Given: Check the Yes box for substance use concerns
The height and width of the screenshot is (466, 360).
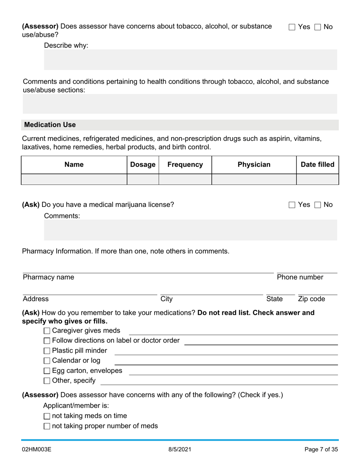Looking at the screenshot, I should tap(292, 27).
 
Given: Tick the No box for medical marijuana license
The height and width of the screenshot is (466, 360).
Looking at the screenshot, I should tap(318, 205).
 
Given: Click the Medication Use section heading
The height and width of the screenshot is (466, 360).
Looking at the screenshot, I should tap(50, 125).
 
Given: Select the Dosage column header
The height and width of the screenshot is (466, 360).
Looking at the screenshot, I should tap(143, 164).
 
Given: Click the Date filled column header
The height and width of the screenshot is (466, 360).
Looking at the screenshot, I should tap(318, 164).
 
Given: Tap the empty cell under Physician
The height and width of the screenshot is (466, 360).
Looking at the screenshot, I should tap(254, 179).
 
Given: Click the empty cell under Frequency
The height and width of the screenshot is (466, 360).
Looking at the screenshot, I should tap(185, 179).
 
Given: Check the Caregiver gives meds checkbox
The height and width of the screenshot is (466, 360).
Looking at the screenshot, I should tap(47, 331).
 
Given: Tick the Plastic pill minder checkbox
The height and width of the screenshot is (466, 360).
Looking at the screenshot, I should tap(47, 351).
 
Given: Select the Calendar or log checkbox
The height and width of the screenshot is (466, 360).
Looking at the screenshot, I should tap(47, 361).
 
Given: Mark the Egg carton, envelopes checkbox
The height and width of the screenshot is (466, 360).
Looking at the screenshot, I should tap(47, 371).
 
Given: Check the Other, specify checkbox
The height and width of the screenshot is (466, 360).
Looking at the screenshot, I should tap(47, 381).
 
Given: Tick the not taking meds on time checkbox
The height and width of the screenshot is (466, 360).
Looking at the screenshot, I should tap(47, 416).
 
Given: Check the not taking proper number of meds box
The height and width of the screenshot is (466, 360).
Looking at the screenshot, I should tap(47, 426).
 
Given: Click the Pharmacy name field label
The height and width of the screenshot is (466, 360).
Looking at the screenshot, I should tap(49, 277).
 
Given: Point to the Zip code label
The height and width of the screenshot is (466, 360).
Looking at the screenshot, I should tap(311, 299).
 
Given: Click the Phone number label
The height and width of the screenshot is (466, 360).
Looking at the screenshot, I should tap(300, 277).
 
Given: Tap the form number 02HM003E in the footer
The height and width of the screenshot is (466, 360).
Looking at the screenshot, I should tap(37, 450).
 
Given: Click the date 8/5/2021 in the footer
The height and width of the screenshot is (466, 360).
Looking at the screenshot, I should tap(180, 450).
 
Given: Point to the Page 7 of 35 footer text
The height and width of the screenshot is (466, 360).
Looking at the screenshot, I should tap(321, 450).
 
